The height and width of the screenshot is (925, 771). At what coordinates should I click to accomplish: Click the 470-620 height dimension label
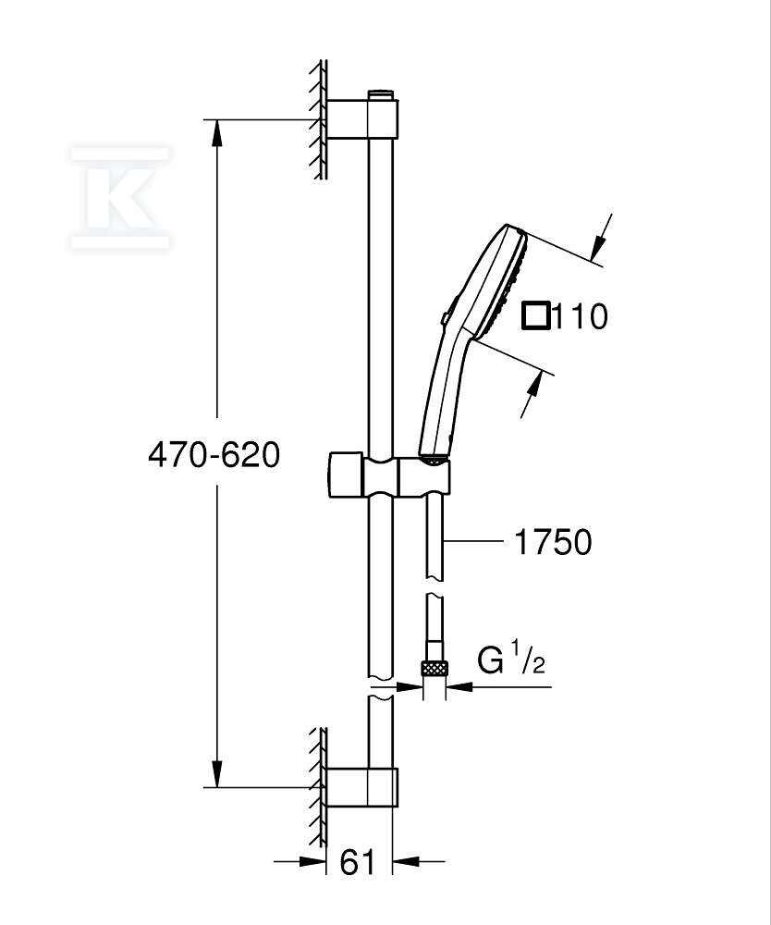(x=214, y=455)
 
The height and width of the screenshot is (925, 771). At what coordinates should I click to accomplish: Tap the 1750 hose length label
(x=553, y=541)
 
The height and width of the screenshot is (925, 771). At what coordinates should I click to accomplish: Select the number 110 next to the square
(x=581, y=316)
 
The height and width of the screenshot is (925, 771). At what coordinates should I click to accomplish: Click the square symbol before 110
(x=536, y=315)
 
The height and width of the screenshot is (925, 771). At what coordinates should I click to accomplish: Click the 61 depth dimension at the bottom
(x=358, y=862)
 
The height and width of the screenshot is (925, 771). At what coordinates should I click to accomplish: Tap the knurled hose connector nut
(x=434, y=668)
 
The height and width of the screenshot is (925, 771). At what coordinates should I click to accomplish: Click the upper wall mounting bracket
(x=362, y=119)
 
